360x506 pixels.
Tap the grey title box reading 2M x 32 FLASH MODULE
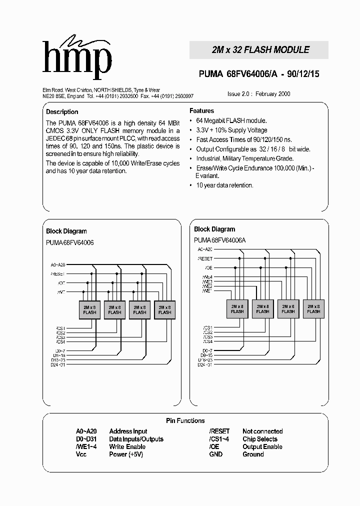pyautogui.click(x=258, y=50)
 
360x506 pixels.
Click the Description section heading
pyautogui.click(x=62, y=112)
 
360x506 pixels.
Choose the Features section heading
pyautogui.click(x=201, y=111)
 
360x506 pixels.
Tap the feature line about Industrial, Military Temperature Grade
pyautogui.click(x=243, y=158)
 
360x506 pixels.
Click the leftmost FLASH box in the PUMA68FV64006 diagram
pyautogui.click(x=90, y=309)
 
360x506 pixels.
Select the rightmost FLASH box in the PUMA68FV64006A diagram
pyautogui.click(x=313, y=308)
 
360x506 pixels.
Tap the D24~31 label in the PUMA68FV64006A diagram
pyautogui.click(x=204, y=364)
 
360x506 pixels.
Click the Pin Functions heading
pyautogui.click(x=185, y=421)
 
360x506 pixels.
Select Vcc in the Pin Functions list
pyautogui.click(x=81, y=454)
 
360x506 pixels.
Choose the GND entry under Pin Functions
pyautogui.click(x=216, y=454)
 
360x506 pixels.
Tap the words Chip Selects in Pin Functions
pyautogui.click(x=259, y=439)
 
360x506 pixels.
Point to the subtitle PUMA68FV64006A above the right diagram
pyautogui.click(x=219, y=240)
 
